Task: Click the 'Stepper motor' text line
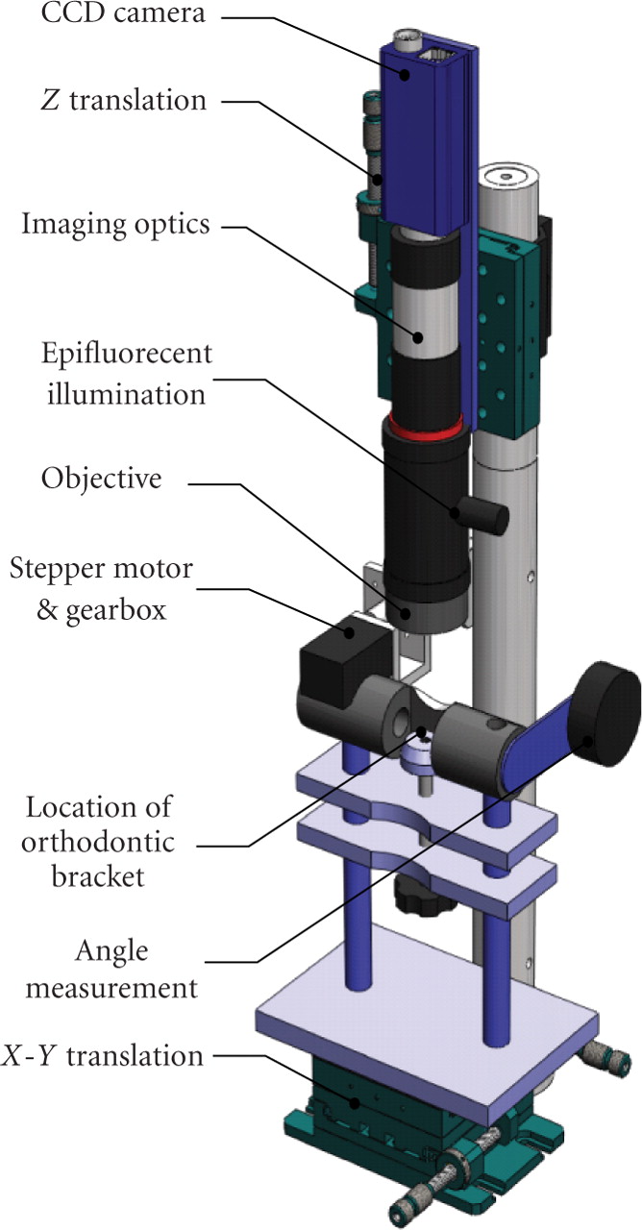tap(101, 570)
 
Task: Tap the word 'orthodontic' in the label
tap(100, 845)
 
